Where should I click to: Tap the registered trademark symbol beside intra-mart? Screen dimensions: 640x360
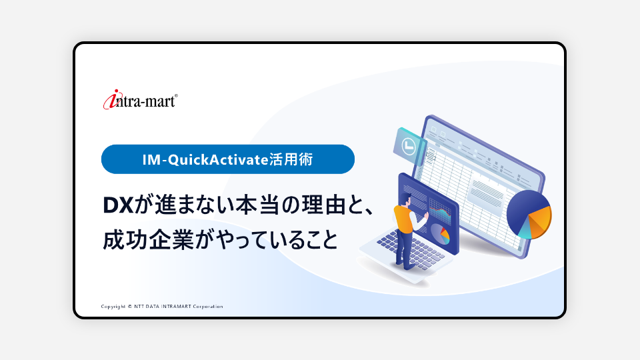pyautogui.click(x=176, y=96)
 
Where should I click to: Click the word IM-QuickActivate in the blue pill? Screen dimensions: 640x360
pyautogui.click(x=205, y=159)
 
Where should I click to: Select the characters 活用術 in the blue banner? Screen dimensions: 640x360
pyautogui.click(x=291, y=159)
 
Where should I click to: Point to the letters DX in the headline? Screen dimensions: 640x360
pyautogui.click(x=119, y=205)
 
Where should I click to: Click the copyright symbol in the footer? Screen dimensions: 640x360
pyautogui.click(x=130, y=307)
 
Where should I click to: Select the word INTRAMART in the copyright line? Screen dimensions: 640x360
pyautogui.click(x=176, y=307)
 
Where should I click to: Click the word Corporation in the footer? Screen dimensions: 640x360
pyautogui.click(x=208, y=307)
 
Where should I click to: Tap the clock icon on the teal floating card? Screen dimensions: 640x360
pyautogui.click(x=409, y=146)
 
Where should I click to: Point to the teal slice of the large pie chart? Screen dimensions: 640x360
pyautogui.click(x=525, y=230)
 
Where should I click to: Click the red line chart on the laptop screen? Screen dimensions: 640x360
pyautogui.click(x=440, y=212)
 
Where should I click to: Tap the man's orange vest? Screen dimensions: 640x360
pyautogui.click(x=404, y=219)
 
